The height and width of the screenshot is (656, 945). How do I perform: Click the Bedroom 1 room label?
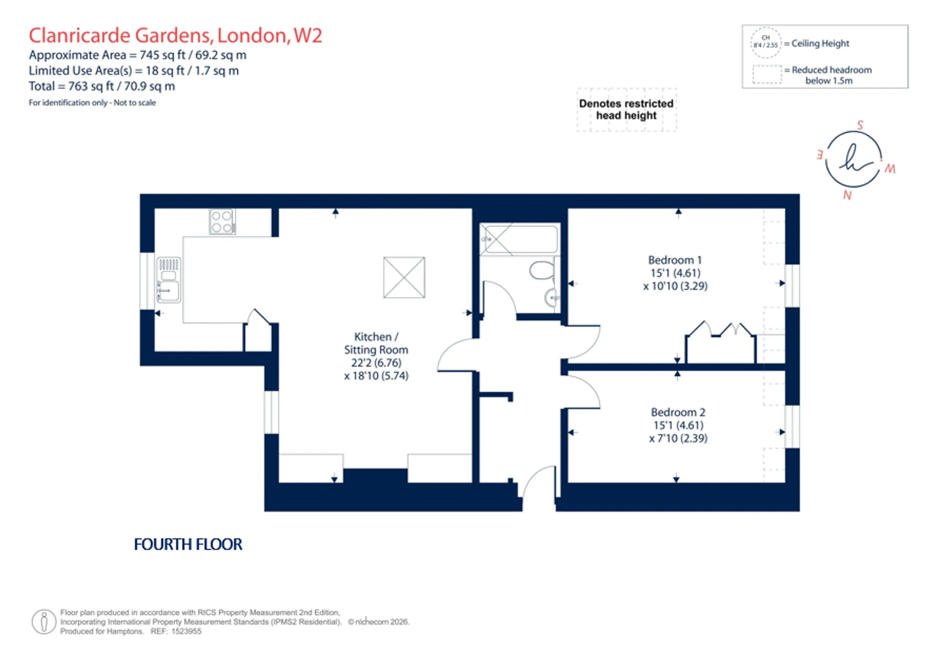click(674, 260)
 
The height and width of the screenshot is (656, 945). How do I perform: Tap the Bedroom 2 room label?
click(678, 412)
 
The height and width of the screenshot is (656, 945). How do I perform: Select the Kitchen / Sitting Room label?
click(376, 343)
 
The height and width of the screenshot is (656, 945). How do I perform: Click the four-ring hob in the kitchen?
click(222, 222)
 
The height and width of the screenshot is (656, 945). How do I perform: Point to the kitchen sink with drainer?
click(168, 280)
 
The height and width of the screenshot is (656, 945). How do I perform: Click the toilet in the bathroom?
click(543, 270)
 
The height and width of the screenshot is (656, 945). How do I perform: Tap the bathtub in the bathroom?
click(519, 239)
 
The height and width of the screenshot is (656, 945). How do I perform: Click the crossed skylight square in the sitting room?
click(404, 277)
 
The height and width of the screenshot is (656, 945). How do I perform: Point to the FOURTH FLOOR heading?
click(188, 544)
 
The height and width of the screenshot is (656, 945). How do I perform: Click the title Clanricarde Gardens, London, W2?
click(175, 35)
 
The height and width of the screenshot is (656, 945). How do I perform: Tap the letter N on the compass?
click(847, 195)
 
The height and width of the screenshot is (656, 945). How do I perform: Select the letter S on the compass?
click(860, 125)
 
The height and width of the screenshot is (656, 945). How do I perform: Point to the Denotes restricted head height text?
click(626, 109)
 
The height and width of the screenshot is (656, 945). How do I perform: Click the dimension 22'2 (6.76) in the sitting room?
click(376, 363)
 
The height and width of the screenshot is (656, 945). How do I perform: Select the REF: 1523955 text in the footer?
click(176, 631)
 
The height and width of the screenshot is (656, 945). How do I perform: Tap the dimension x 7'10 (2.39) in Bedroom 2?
click(678, 438)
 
